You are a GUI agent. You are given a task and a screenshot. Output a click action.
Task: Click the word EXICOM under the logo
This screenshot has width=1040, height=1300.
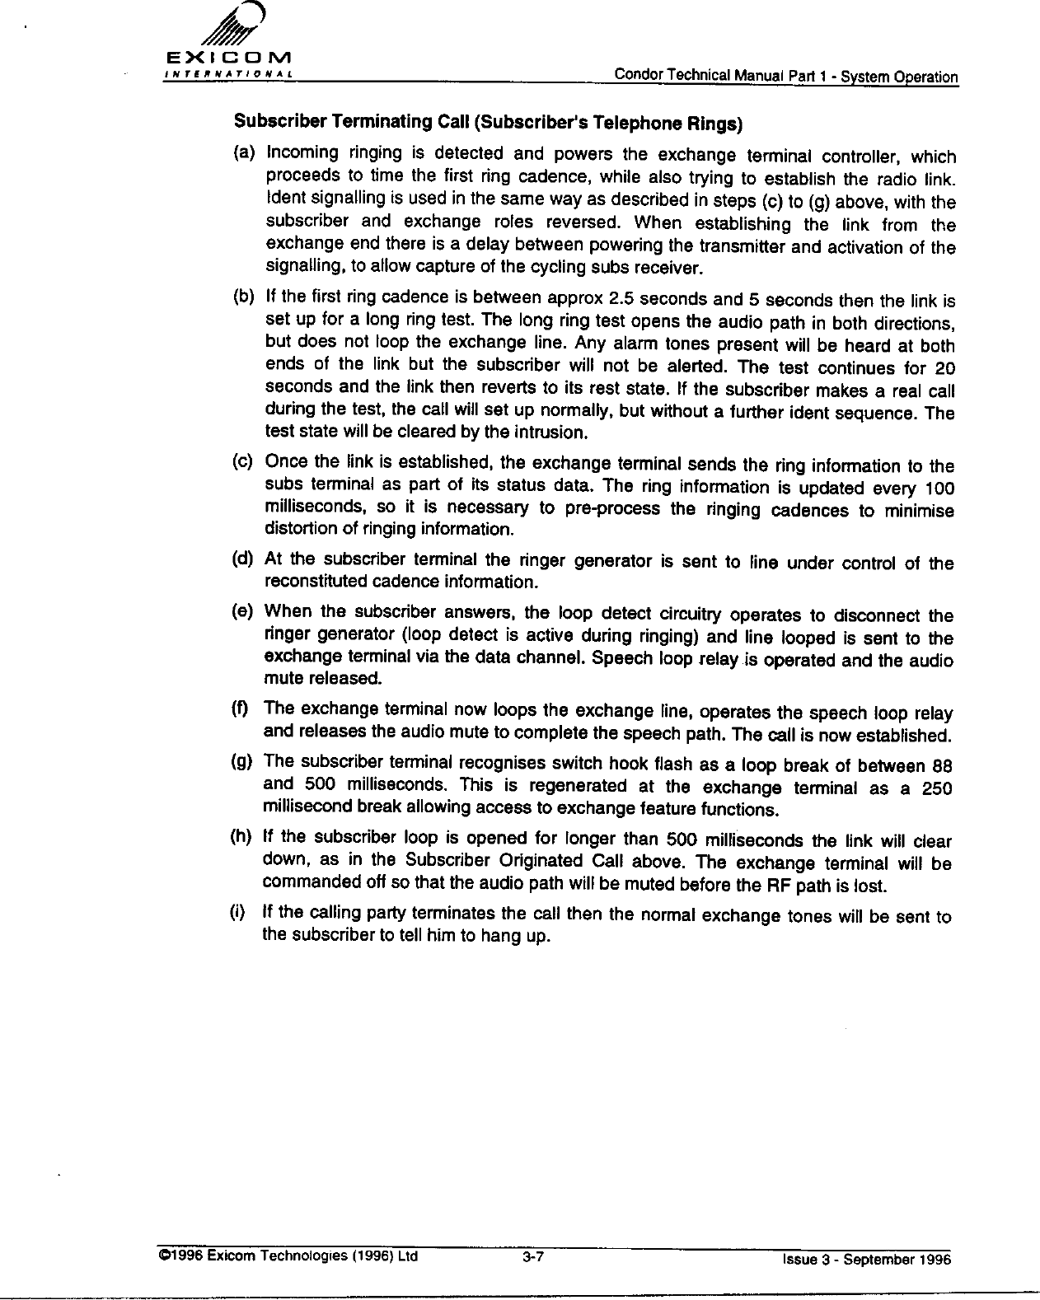225,60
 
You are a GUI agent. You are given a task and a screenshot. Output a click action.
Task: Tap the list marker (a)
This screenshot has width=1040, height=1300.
244,154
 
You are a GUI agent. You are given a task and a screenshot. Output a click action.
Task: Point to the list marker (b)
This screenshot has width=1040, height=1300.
244,296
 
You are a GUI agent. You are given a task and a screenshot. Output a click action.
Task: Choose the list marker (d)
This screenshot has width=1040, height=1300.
244,559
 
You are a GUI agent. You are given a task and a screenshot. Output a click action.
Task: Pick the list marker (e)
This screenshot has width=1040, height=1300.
244,612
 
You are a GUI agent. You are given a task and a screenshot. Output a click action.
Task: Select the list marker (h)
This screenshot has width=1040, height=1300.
242,838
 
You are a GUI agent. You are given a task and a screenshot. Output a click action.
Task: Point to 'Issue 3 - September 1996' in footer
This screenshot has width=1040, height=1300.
866,1260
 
